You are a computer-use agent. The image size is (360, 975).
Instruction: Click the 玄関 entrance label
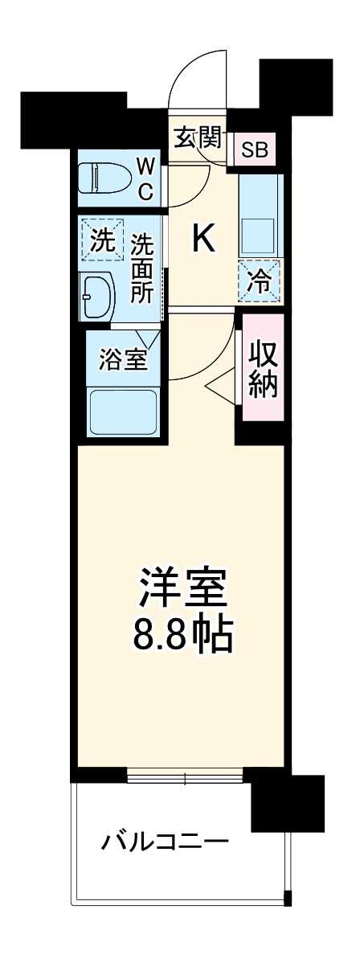198,137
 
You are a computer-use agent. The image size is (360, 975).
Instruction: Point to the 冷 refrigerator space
260,281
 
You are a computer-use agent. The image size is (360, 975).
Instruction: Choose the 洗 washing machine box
101,240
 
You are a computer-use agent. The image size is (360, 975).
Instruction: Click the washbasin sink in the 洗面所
99,297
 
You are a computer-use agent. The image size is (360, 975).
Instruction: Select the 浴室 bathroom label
123,360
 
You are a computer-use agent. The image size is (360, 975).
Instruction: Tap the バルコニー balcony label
165,842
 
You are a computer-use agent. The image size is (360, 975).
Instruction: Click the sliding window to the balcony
185,777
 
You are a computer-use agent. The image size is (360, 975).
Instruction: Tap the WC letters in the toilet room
145,178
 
